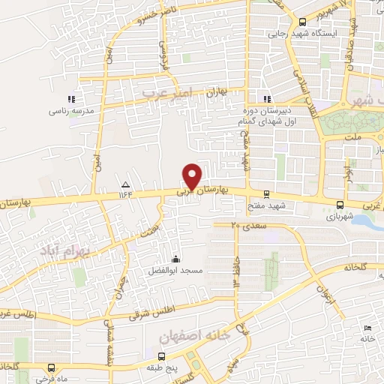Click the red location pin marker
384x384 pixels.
tap(192, 175)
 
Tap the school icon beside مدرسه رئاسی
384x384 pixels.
tap(71, 98)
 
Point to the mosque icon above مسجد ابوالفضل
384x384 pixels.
tap(176, 259)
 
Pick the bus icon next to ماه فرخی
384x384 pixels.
tap(50, 368)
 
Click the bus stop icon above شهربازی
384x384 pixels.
tap(340, 205)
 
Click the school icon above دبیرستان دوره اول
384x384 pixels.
tap(266, 98)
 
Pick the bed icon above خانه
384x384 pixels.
tap(367, 328)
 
